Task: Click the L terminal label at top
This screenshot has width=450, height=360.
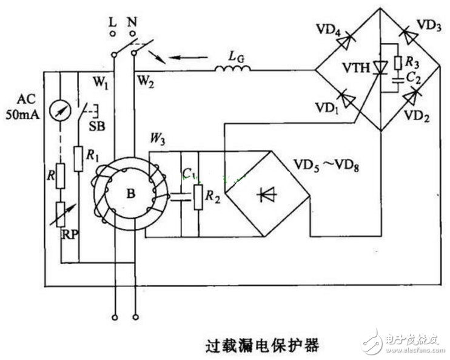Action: click(113, 21)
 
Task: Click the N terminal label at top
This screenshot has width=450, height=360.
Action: click(132, 21)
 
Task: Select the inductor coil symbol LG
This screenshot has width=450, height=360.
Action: click(233, 68)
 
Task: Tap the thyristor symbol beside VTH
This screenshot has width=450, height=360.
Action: click(380, 68)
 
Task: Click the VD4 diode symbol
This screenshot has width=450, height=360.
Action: click(345, 41)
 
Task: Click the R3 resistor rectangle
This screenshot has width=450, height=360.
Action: click(398, 63)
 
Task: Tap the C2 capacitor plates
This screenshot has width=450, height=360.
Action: click(398, 80)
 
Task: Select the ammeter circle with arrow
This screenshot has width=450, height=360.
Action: click(60, 111)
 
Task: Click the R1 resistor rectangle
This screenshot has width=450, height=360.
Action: click(78, 159)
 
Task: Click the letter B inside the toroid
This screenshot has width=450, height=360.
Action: click(131, 194)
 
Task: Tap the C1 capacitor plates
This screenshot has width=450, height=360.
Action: click(181, 197)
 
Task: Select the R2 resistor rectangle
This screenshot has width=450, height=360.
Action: click(198, 197)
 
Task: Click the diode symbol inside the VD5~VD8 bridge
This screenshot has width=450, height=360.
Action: click(267, 194)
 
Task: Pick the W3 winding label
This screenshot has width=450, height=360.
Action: click(158, 140)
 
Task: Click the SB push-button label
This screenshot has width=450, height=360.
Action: click(97, 126)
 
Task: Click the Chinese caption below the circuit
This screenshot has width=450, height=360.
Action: click(263, 345)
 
